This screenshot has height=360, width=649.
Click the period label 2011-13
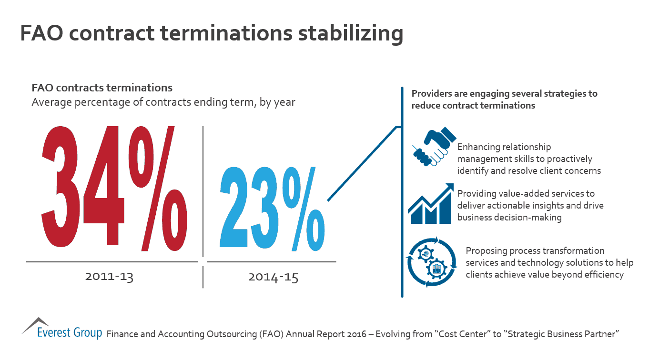click(109, 277)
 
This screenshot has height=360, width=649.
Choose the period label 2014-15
click(273, 277)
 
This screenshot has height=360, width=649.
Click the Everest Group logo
click(62, 328)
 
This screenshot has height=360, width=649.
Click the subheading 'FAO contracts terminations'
click(102, 88)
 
